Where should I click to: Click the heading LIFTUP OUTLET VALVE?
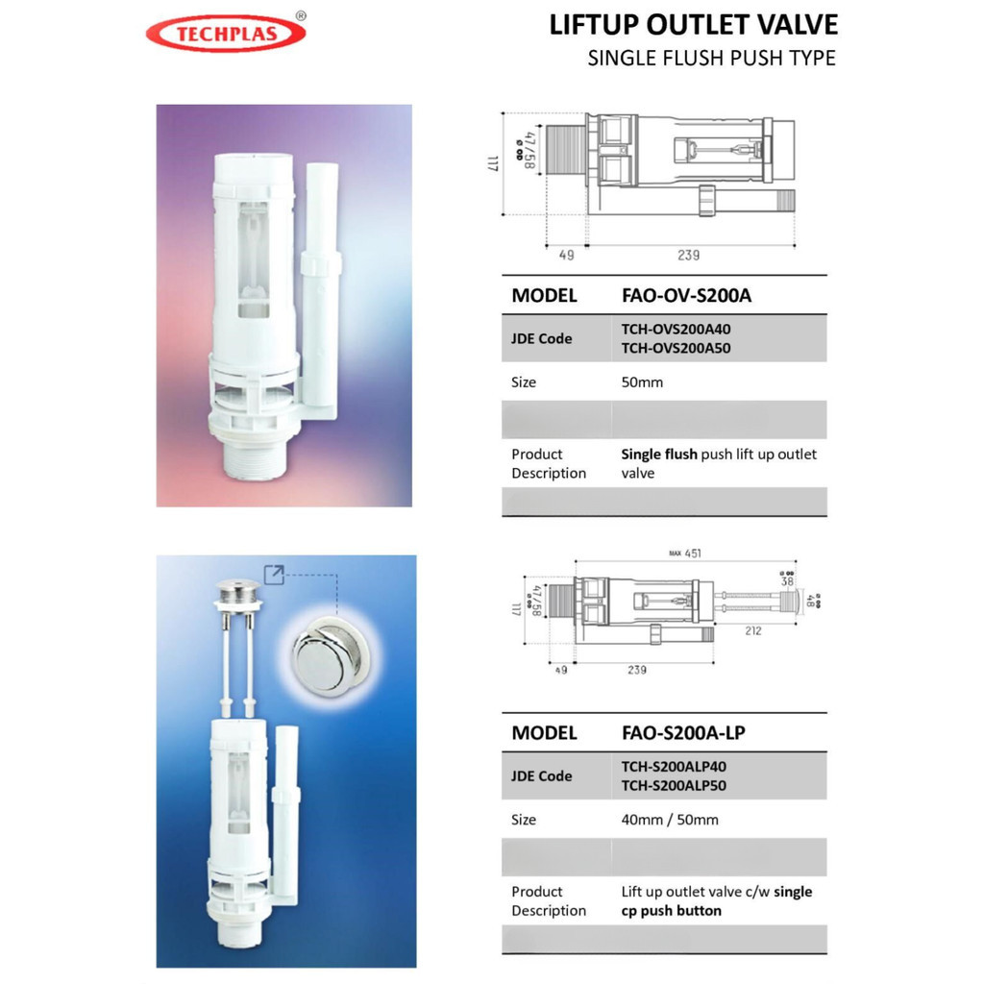click(x=693, y=24)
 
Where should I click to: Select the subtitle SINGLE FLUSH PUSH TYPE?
click(x=711, y=58)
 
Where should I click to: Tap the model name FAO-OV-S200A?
click(x=686, y=295)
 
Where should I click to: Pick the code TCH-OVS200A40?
click(x=676, y=329)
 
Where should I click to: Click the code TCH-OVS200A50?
click(x=676, y=348)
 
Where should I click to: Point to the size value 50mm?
click(x=642, y=382)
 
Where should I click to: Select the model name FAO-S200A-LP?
click(x=683, y=733)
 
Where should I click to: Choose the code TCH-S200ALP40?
click(x=674, y=767)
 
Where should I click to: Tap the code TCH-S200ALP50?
click(x=674, y=785)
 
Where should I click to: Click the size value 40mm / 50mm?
click(x=670, y=820)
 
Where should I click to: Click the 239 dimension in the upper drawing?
click(x=688, y=255)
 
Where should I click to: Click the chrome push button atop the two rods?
click(x=237, y=591)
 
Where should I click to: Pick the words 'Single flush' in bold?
click(x=659, y=455)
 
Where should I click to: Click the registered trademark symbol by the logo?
click(x=301, y=15)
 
